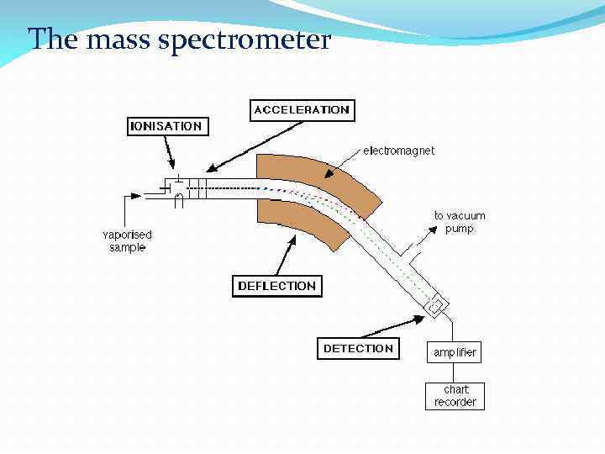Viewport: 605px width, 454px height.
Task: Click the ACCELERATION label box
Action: (x=301, y=110)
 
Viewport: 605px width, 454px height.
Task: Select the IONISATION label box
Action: (x=166, y=126)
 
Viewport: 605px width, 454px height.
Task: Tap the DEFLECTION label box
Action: (x=276, y=286)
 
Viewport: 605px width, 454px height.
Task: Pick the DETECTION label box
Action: (x=358, y=348)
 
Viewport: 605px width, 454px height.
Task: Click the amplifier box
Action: (x=455, y=352)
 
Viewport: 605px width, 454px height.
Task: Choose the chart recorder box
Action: (x=455, y=396)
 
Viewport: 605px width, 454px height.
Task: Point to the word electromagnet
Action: (x=399, y=150)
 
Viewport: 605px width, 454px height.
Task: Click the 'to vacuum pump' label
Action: (x=459, y=222)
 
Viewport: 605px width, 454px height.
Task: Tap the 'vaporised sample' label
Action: (x=127, y=241)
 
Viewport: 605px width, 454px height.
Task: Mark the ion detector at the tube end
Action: (x=437, y=305)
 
